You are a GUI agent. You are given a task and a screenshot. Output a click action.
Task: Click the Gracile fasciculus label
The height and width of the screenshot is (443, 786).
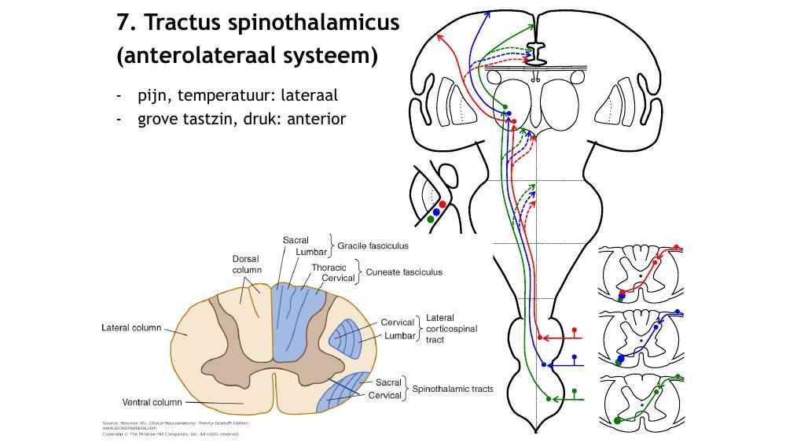(x=373, y=245)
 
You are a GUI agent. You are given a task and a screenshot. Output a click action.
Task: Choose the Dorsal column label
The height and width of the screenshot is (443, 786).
(x=246, y=264)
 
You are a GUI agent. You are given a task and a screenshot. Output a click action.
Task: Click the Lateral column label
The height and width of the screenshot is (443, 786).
(x=131, y=328)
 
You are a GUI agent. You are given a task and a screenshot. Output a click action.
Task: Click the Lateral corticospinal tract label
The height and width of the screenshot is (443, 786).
(x=451, y=329)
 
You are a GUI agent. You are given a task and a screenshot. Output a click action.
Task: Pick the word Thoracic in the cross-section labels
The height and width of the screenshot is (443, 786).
(x=329, y=268)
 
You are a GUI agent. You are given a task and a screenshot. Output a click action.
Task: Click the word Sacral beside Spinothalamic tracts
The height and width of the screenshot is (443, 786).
(x=388, y=382)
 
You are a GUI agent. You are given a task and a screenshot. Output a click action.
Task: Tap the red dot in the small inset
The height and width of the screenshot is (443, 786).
(x=443, y=205)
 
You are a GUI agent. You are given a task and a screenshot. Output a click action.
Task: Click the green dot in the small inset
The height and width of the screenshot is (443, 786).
(x=431, y=220)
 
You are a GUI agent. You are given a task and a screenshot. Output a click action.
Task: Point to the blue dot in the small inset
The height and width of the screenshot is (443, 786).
(x=436, y=212)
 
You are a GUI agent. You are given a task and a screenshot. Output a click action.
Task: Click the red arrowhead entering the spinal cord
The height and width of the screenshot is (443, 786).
(x=541, y=338)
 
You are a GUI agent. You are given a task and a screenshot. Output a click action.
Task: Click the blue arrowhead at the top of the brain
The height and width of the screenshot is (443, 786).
(x=489, y=13)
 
